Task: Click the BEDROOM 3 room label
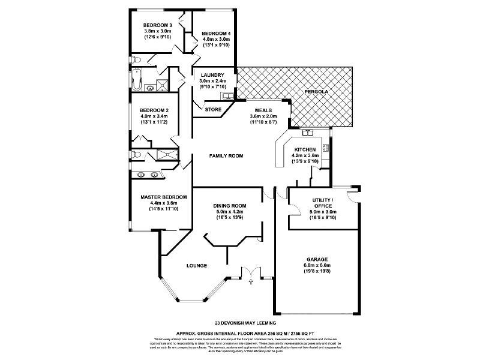pos(158,25)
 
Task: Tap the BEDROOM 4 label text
pos(216,34)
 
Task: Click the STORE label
pos(213,109)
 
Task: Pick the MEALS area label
pos(263,110)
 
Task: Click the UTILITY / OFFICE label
pos(323,202)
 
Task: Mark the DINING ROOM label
pos(230,206)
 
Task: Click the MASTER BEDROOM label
pos(164,197)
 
